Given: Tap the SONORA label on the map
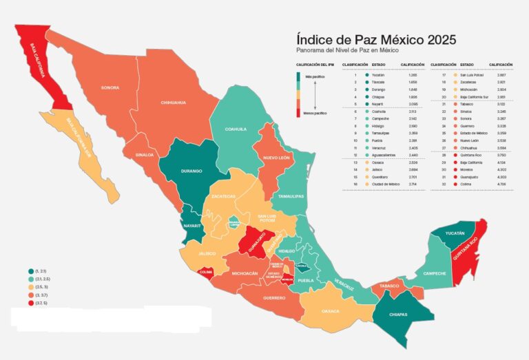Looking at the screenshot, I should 110,88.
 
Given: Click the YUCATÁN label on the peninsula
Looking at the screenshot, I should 455,234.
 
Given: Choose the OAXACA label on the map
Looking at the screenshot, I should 330,310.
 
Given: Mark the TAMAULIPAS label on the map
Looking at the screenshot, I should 291,195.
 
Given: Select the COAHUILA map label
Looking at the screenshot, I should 236,129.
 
